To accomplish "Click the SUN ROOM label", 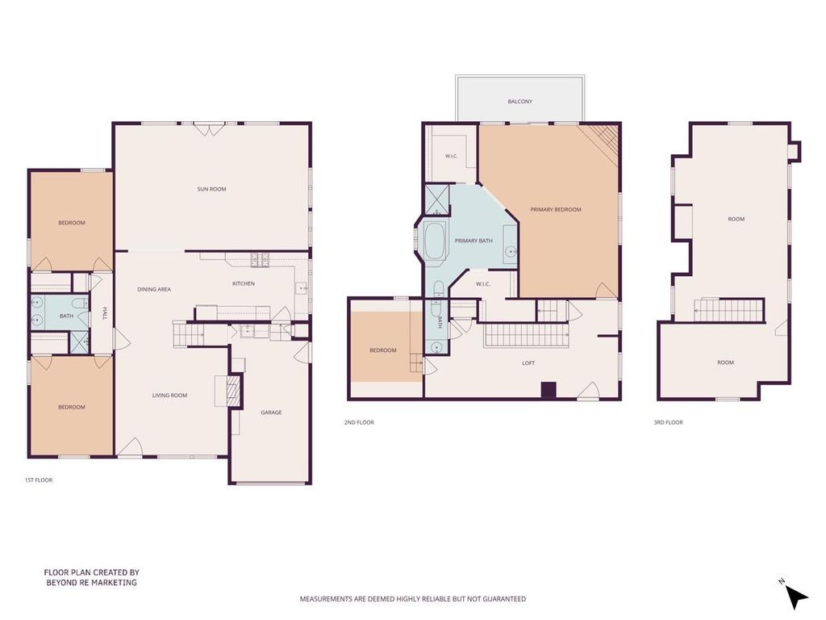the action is click(211, 189).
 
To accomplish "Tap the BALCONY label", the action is click(520, 101).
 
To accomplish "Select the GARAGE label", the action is click(271, 413).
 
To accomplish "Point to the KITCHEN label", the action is click(244, 283).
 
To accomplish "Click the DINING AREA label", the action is click(154, 290).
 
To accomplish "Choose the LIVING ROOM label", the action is click(169, 396).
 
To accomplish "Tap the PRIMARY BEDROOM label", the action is click(556, 210).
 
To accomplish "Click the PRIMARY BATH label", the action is click(473, 241).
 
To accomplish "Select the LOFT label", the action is click(528, 363).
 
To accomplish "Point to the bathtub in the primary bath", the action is click(435, 241).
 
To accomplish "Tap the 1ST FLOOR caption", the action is click(39, 480).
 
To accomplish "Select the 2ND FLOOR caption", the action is click(359, 422).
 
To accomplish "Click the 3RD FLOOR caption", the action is click(668, 422).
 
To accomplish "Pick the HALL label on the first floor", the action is click(105, 314).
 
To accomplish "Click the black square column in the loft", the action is click(549, 390).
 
